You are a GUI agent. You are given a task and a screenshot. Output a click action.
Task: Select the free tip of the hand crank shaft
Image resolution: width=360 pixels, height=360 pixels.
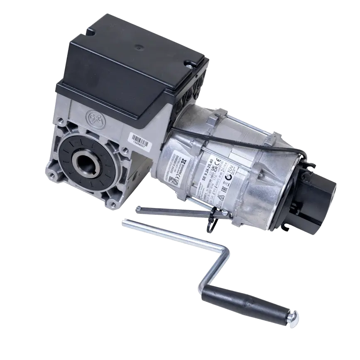click(124, 224)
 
